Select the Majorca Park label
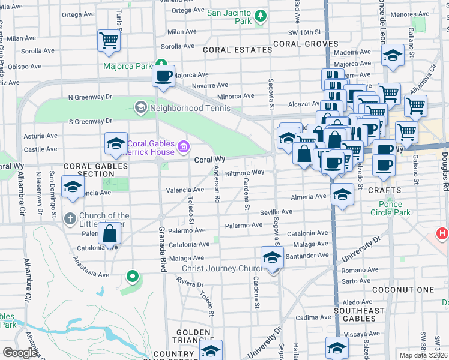127,67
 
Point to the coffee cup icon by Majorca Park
163,76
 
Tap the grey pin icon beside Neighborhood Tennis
140,108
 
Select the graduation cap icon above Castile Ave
116,143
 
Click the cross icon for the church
70,218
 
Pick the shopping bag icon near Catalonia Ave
110,234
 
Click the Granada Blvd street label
161,250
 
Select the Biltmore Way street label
244,172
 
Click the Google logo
20,353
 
